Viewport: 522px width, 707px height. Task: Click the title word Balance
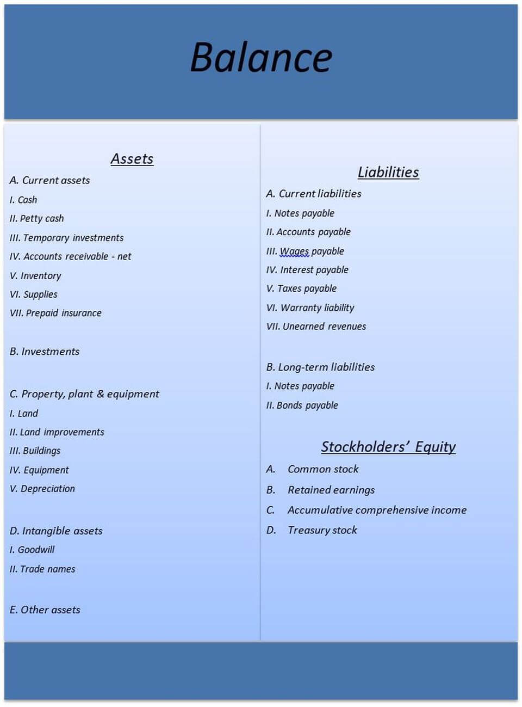261,58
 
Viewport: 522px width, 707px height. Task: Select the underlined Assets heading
132,159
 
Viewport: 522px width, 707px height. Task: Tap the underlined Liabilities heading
388,172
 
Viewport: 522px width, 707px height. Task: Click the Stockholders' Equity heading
388,447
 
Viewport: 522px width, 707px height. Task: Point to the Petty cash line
37,218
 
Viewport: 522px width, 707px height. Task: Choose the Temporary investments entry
67,238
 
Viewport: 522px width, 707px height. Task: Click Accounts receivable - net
71,256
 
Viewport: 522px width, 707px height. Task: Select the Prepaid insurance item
56,313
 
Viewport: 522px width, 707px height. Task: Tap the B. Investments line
45,352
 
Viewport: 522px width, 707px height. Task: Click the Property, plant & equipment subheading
85,394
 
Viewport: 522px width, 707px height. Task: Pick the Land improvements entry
57,432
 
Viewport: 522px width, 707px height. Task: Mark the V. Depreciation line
42,489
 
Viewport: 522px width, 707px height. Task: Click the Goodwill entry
33,550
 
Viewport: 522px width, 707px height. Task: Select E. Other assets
45,610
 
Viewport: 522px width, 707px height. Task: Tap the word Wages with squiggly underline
294,251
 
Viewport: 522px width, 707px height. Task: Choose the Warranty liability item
310,308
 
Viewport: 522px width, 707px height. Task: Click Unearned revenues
316,327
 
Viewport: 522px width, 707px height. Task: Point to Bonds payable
302,405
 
